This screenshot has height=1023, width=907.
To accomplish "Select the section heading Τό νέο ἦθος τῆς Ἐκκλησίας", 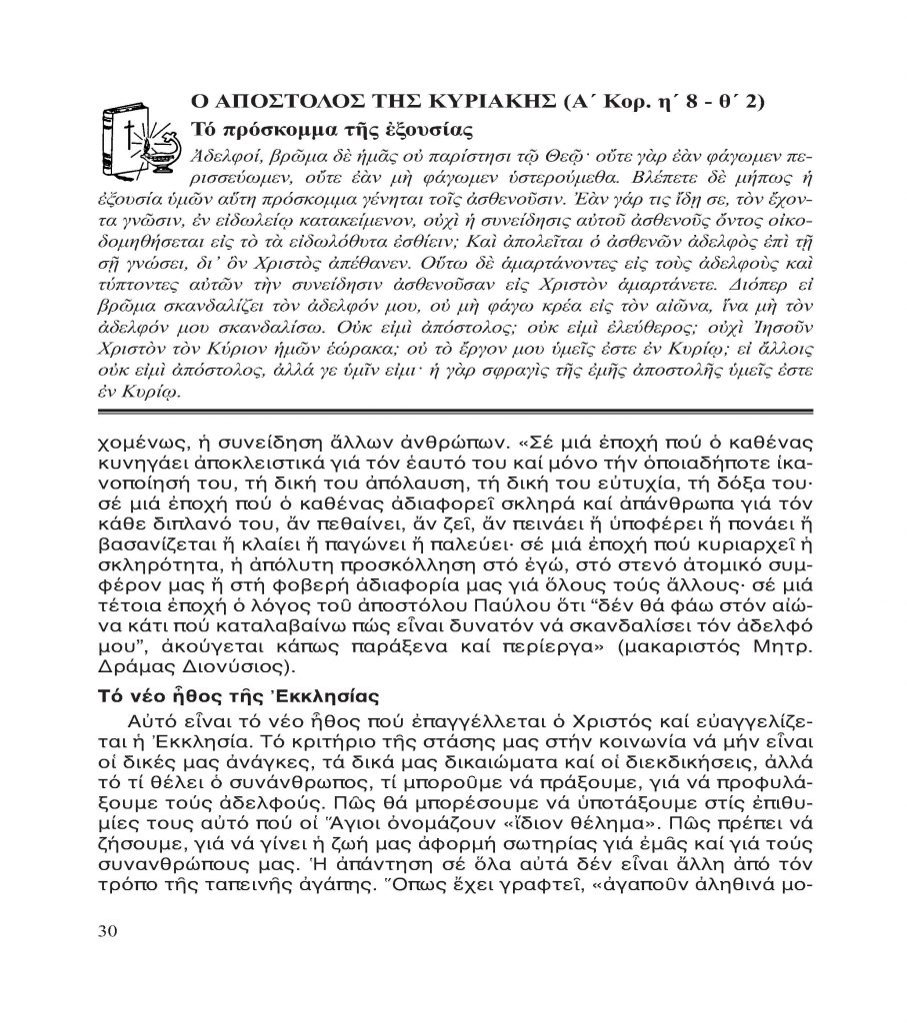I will point(225,695).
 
